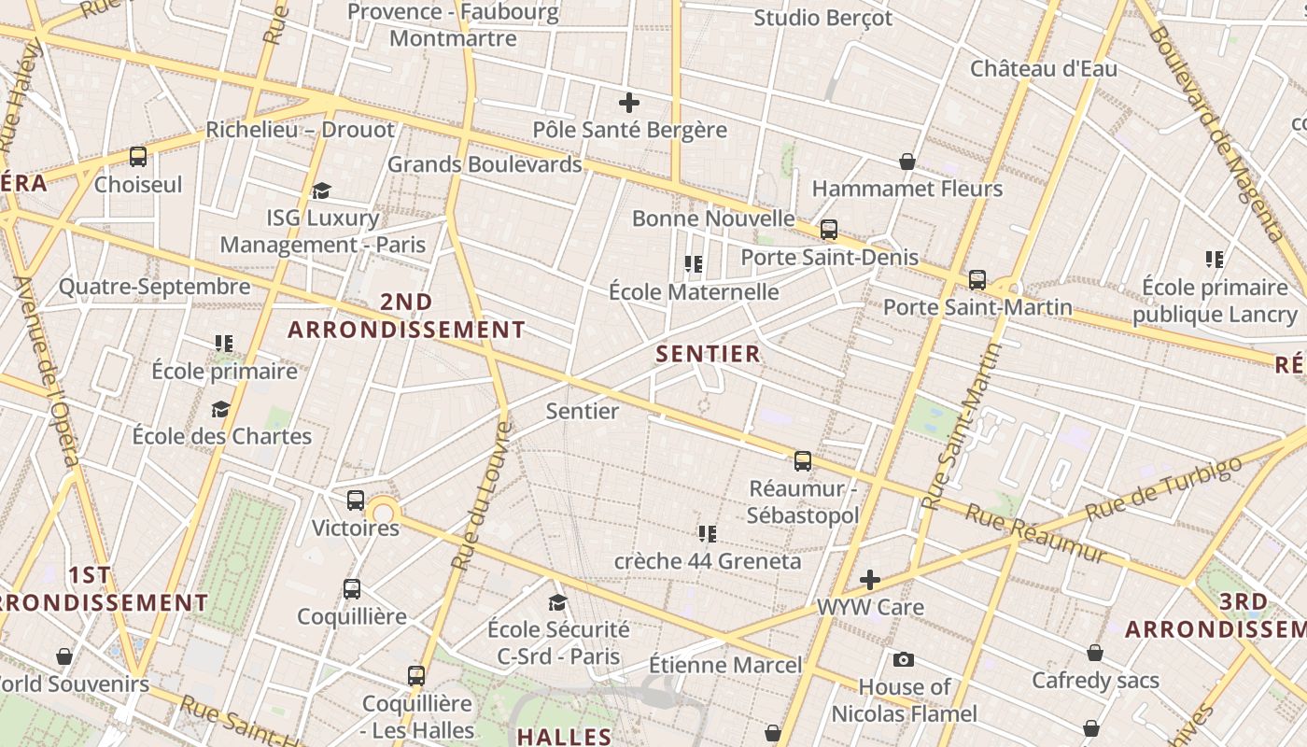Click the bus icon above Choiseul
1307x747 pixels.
pyautogui.click(x=138, y=157)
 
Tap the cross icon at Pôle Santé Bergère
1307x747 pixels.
pyautogui.click(x=629, y=103)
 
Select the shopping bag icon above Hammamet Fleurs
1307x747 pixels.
pyautogui.click(x=906, y=162)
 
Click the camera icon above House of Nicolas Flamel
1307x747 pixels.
pyautogui.click(x=903, y=660)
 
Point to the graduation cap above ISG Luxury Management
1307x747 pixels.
pyautogui.click(x=322, y=191)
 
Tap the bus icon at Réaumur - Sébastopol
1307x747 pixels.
pyautogui.click(x=802, y=461)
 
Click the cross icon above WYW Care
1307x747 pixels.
pyautogui.click(x=870, y=580)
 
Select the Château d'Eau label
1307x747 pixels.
pyautogui.click(x=1043, y=68)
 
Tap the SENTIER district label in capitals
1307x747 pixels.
pyautogui.click(x=708, y=354)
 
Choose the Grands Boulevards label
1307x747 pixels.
pyautogui.click(x=485, y=164)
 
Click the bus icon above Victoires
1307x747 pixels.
pyautogui.click(x=356, y=500)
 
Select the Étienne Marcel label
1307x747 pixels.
pyautogui.click(x=725, y=665)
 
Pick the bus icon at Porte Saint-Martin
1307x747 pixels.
pyautogui.click(x=977, y=279)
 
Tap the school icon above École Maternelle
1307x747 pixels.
pyautogui.click(x=693, y=264)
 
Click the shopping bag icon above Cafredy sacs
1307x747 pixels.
pyautogui.click(x=1094, y=653)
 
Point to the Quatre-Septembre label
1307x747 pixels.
pyautogui.click(x=155, y=287)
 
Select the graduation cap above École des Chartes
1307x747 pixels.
pyautogui.click(x=221, y=409)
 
